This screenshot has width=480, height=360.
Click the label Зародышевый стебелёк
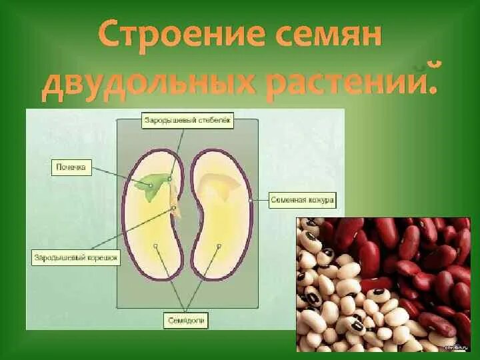click(x=188, y=121)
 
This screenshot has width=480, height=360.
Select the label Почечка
click(x=71, y=168)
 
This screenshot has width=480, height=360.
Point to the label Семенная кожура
click(x=303, y=200)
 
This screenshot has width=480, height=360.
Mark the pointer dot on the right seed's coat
click(x=251, y=200)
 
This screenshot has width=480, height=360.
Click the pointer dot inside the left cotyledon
click(x=155, y=246)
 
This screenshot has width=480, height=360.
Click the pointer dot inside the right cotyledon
click(x=219, y=246)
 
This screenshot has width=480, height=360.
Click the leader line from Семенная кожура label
click(x=260, y=200)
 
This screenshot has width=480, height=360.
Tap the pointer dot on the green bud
click(x=151, y=185)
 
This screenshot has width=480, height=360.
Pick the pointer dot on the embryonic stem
click(x=170, y=179)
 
